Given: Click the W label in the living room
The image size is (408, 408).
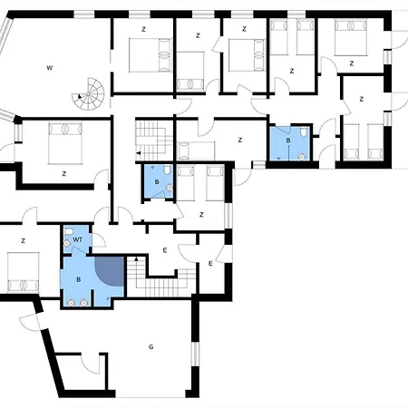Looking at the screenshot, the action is [x=50, y=68].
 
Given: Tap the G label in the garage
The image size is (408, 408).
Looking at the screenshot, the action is [x=151, y=346].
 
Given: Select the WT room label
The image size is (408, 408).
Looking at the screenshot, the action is [x=78, y=239].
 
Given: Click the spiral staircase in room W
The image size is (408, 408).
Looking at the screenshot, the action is [x=88, y=94].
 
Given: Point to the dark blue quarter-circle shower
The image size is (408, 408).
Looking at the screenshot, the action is [x=110, y=271].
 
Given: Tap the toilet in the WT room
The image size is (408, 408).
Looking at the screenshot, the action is [x=69, y=232].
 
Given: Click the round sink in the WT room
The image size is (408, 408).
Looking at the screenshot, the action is [x=67, y=243].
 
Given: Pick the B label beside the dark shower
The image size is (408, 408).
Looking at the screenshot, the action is [x=79, y=279].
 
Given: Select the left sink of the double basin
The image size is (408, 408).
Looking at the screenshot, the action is [x=71, y=302].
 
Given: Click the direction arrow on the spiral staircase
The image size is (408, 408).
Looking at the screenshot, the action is [x=80, y=96].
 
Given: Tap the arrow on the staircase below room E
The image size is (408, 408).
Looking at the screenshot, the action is [x=136, y=258].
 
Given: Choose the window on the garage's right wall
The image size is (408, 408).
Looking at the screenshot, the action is [x=196, y=354].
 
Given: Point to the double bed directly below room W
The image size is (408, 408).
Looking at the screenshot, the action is [x=65, y=143].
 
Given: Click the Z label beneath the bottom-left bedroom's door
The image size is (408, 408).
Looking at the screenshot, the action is [x=23, y=241].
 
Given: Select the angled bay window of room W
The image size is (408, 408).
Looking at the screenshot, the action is [x=5, y=34].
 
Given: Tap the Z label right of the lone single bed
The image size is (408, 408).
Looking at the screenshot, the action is [x=240, y=140].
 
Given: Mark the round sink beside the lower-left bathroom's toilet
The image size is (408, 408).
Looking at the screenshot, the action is [x=170, y=188].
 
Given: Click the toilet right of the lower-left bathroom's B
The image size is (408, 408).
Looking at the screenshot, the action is [x=167, y=170].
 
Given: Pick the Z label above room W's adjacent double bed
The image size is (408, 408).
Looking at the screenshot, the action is [x=143, y=29].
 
